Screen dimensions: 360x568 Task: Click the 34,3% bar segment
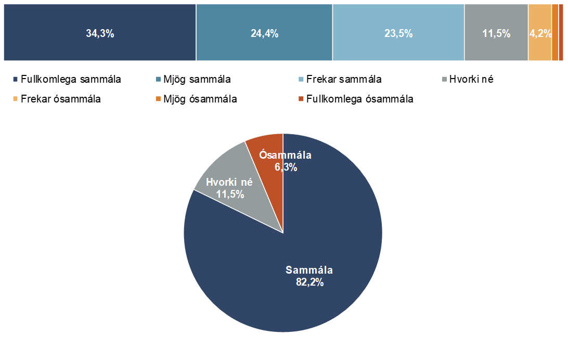[x=100, y=32]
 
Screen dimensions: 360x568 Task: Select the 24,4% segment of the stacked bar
[x=264, y=32]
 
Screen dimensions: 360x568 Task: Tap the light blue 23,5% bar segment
[x=398, y=32]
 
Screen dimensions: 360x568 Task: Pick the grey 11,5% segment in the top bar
[x=496, y=32]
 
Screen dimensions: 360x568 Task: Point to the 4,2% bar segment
[x=540, y=32]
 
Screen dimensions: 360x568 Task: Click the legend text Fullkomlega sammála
[x=71, y=80]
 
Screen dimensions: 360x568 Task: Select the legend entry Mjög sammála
[x=197, y=80]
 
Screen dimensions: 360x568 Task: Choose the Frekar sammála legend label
[x=344, y=80]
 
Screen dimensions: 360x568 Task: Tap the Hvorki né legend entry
[x=471, y=80]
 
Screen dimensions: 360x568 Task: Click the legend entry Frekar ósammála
[x=60, y=99]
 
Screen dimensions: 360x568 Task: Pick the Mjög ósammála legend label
[x=200, y=99]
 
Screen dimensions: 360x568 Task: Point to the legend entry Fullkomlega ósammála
[x=360, y=99]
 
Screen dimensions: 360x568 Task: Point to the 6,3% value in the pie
[x=286, y=167]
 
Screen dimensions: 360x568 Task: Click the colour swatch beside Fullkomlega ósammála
[x=300, y=99]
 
